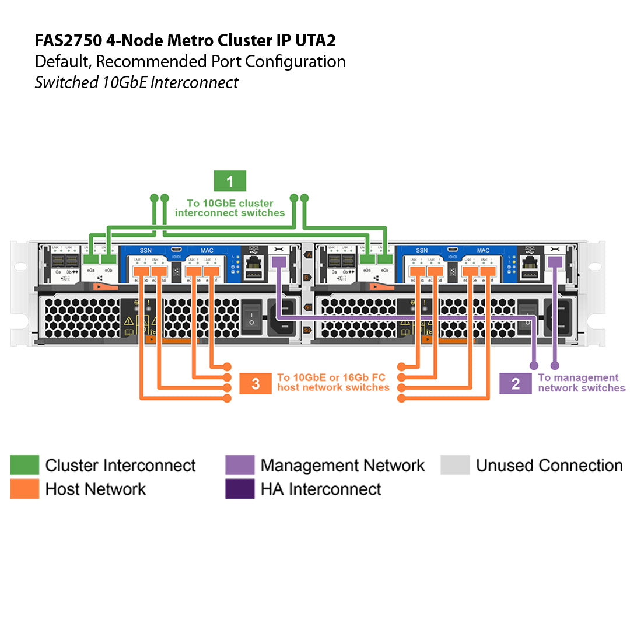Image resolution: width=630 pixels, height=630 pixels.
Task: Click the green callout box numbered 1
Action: (230, 181)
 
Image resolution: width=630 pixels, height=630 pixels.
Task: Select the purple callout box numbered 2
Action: (516, 383)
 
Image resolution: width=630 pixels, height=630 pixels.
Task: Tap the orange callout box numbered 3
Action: (256, 383)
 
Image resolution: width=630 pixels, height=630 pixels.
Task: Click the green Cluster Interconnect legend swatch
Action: (24, 465)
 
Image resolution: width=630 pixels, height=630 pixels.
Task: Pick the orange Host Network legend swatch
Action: (24, 488)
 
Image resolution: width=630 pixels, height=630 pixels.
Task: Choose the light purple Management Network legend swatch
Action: (240, 465)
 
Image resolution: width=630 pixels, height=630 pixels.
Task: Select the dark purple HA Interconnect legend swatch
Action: (240, 488)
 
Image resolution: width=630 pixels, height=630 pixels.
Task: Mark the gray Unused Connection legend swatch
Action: (455, 465)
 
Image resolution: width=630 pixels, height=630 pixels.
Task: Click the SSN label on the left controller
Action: (145, 250)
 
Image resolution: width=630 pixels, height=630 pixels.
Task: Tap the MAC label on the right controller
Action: (484, 250)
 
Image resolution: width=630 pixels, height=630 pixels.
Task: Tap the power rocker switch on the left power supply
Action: (251, 317)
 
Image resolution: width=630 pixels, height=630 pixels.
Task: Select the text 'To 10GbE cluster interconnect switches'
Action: (230, 208)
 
